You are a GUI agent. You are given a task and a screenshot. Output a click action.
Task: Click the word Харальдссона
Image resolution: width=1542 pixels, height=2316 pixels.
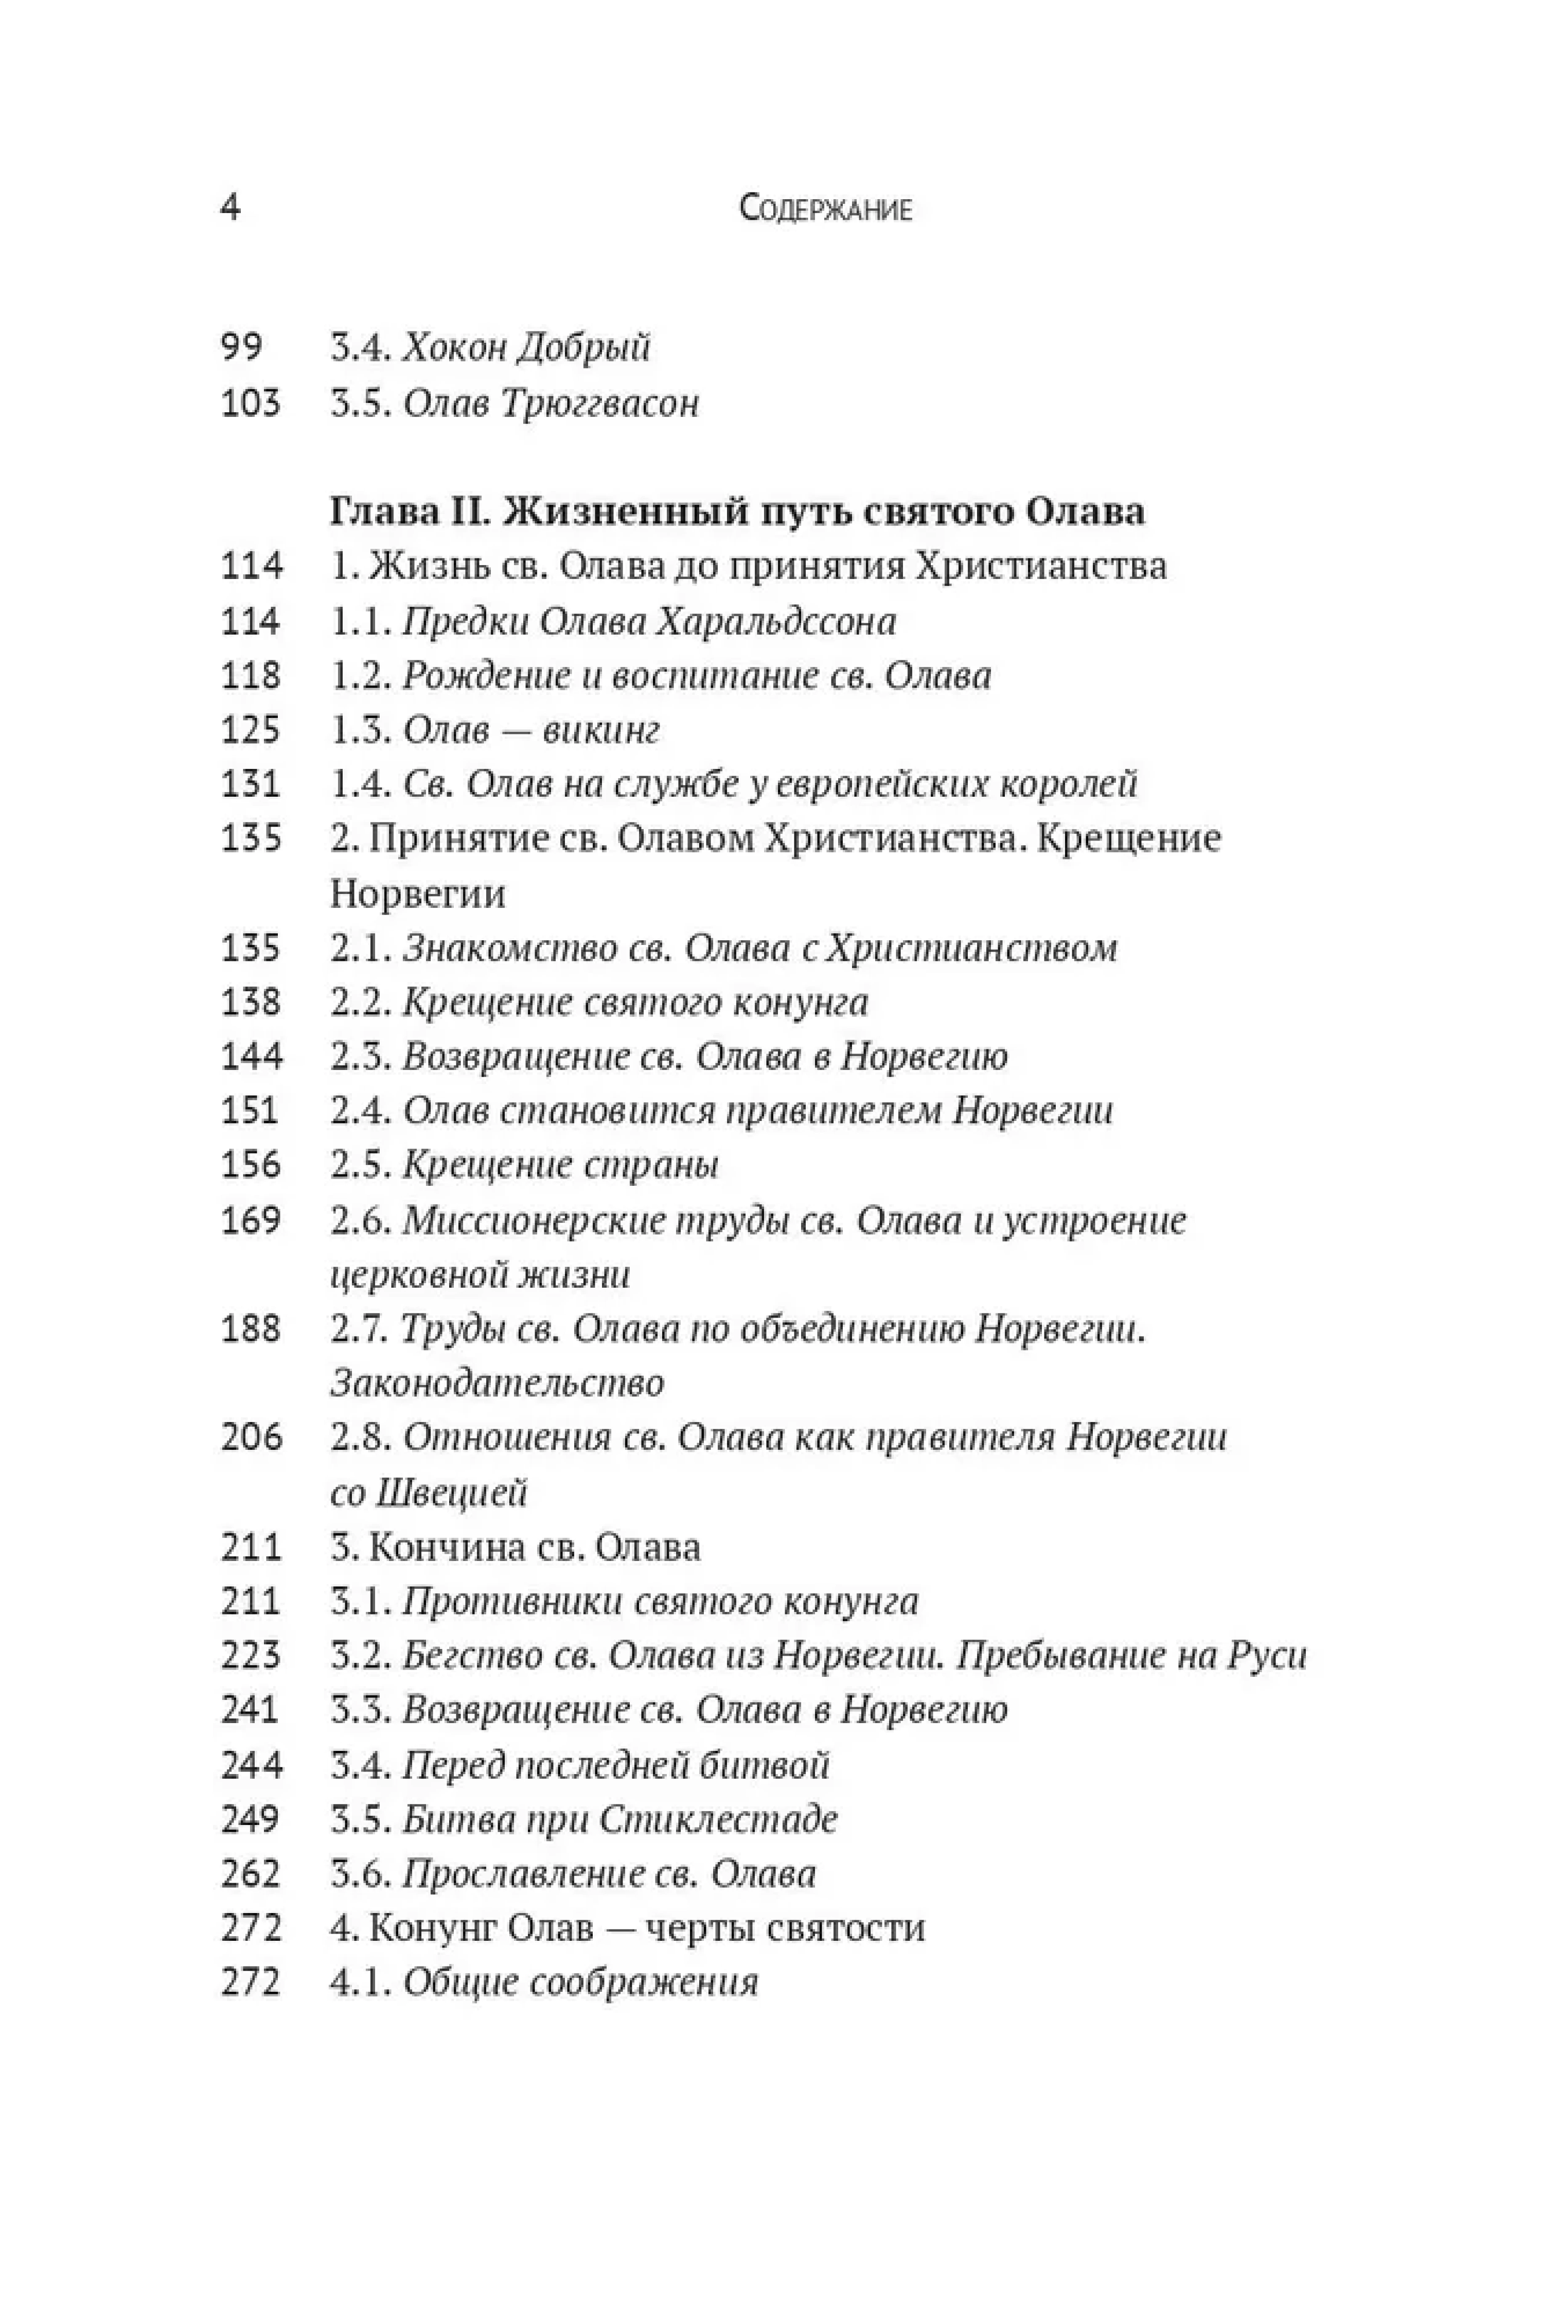pos(775,622)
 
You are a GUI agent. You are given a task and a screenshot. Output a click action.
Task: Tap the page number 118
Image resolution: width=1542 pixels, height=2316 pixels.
pos(251,675)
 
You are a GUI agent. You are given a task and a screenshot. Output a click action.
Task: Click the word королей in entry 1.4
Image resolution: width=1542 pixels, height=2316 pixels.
pos(1068,784)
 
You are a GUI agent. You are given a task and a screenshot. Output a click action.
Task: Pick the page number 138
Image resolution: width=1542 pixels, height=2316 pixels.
pos(251,1002)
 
